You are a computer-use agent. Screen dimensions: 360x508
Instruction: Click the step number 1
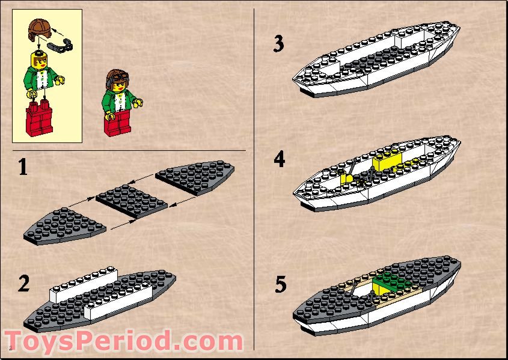pyautogui.click(x=22, y=166)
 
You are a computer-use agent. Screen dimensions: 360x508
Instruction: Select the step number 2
pyautogui.click(x=23, y=282)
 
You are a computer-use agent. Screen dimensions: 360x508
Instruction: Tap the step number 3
pyautogui.click(x=278, y=44)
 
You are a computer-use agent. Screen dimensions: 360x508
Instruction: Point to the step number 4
pyautogui.click(x=278, y=159)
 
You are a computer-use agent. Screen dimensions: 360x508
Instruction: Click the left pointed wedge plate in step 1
pyautogui.click(x=65, y=225)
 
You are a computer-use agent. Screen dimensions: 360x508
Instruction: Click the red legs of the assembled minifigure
pyautogui.click(x=117, y=123)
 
